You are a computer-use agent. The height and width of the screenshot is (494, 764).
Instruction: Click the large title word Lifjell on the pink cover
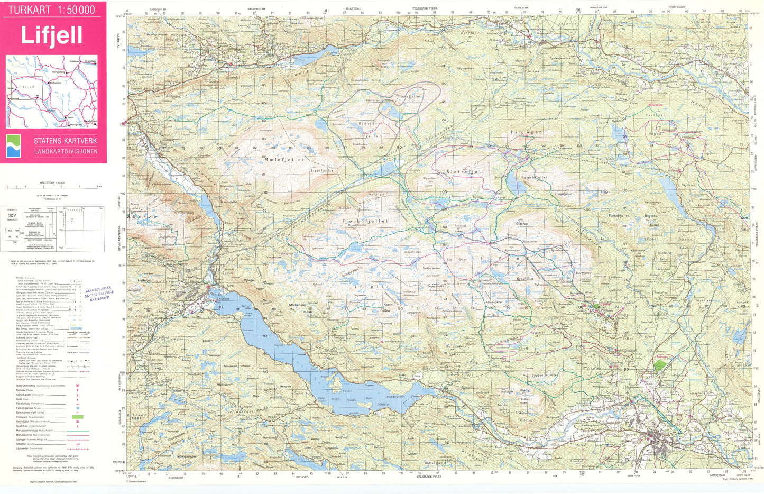click(51, 35)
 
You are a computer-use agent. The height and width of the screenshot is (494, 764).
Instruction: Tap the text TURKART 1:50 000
click(52, 10)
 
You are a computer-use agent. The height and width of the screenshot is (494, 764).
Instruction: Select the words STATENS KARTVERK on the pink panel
click(66, 141)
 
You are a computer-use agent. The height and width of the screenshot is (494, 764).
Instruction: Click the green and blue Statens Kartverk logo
click(13, 146)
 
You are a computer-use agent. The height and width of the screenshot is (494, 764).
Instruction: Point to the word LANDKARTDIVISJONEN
click(66, 152)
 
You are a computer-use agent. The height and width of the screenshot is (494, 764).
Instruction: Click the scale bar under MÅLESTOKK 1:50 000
click(53, 187)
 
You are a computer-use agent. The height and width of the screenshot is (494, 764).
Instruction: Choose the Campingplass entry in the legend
click(32, 395)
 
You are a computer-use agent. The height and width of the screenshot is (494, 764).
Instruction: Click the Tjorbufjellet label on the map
click(365, 221)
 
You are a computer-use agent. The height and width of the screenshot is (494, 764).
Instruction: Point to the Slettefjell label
click(465, 172)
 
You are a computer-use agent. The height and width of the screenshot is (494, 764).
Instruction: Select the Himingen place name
click(526, 132)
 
